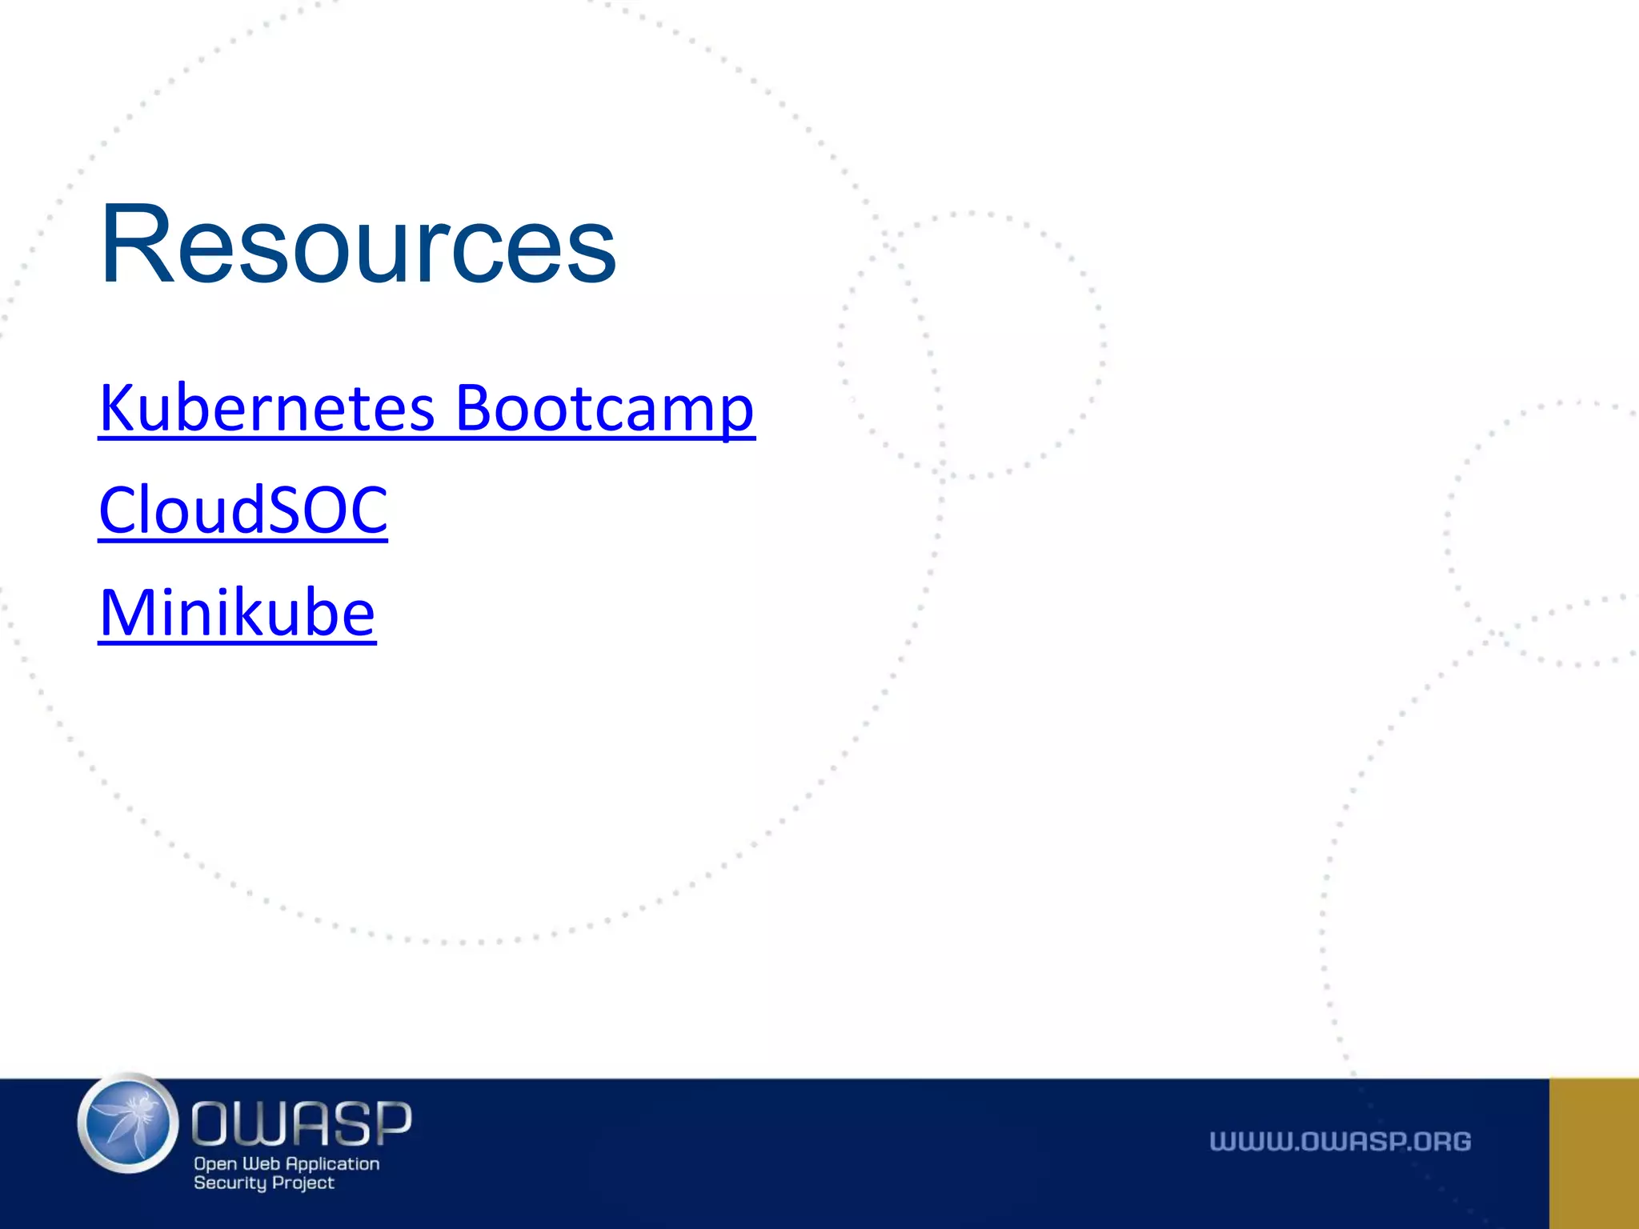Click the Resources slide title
pos(358,244)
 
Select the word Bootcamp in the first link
pos(604,409)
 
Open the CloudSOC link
pos(243,510)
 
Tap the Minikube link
pos(237,613)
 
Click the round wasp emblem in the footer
pos(128,1123)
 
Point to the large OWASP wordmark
pos(302,1123)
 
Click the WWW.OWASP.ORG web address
pos(1340,1142)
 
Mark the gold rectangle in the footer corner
pos(1593,1153)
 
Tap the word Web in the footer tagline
pos(261,1164)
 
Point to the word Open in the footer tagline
pos(215,1165)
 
